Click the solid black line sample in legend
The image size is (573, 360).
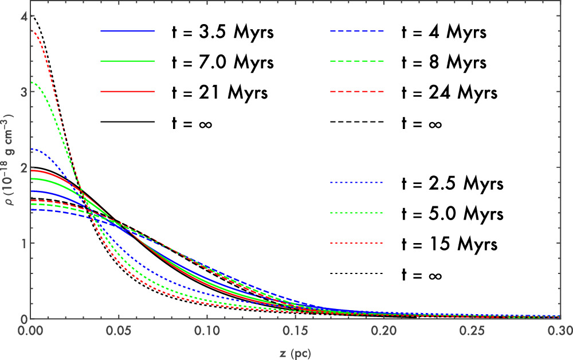pos(127,122)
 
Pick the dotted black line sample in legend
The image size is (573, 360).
pos(356,275)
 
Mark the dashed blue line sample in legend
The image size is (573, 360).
pos(356,32)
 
